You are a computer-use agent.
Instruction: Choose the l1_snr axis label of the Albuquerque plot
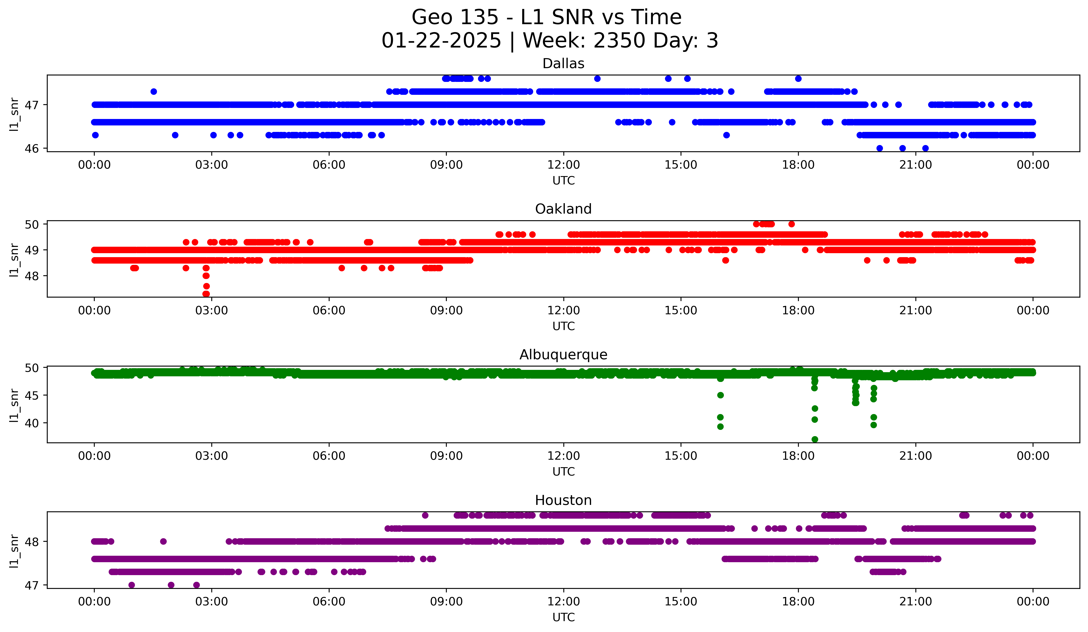pos(14,405)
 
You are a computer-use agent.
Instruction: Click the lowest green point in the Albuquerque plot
pos(814,439)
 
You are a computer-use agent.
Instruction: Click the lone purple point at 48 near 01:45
pos(163,541)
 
